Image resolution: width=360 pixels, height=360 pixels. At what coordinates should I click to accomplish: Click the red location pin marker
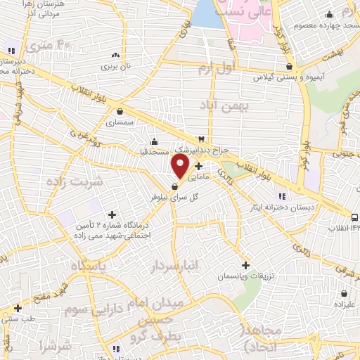point(180,167)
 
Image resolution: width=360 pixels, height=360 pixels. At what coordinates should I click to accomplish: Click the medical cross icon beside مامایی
point(199,167)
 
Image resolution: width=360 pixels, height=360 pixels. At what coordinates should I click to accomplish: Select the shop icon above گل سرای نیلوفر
point(174,186)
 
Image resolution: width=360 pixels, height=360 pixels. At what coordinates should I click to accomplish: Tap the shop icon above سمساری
point(120,111)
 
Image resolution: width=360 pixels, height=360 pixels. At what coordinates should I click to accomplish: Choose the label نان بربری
point(116,66)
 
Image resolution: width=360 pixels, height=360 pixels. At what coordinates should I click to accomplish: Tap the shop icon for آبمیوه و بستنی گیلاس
point(290,67)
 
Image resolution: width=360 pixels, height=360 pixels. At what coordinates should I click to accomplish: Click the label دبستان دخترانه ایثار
point(282,207)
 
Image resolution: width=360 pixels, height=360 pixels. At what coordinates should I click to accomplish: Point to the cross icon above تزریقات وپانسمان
point(245,264)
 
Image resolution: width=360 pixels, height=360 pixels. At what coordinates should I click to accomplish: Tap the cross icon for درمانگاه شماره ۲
point(111,214)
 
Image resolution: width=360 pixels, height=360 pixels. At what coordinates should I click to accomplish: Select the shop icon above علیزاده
point(344,293)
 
